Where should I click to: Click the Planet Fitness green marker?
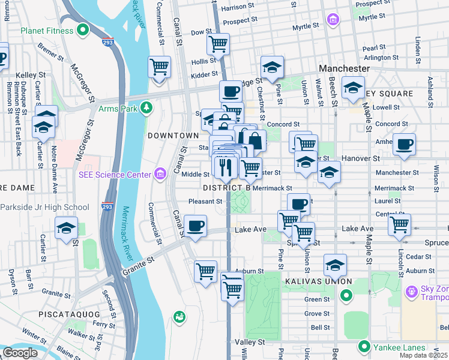(x=83, y=31)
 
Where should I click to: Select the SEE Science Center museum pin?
(x=160, y=175)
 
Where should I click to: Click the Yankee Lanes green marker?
(x=364, y=347)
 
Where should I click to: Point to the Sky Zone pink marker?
(x=412, y=292)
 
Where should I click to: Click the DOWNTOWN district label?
(x=173, y=136)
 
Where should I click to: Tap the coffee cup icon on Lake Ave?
(x=195, y=226)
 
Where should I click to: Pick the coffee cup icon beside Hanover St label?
(x=405, y=145)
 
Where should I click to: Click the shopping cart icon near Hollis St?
(x=218, y=43)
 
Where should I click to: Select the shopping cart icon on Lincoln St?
(x=399, y=225)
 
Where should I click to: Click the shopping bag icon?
(x=255, y=141)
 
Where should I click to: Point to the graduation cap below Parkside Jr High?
(x=66, y=228)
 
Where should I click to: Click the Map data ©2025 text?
(x=423, y=355)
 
